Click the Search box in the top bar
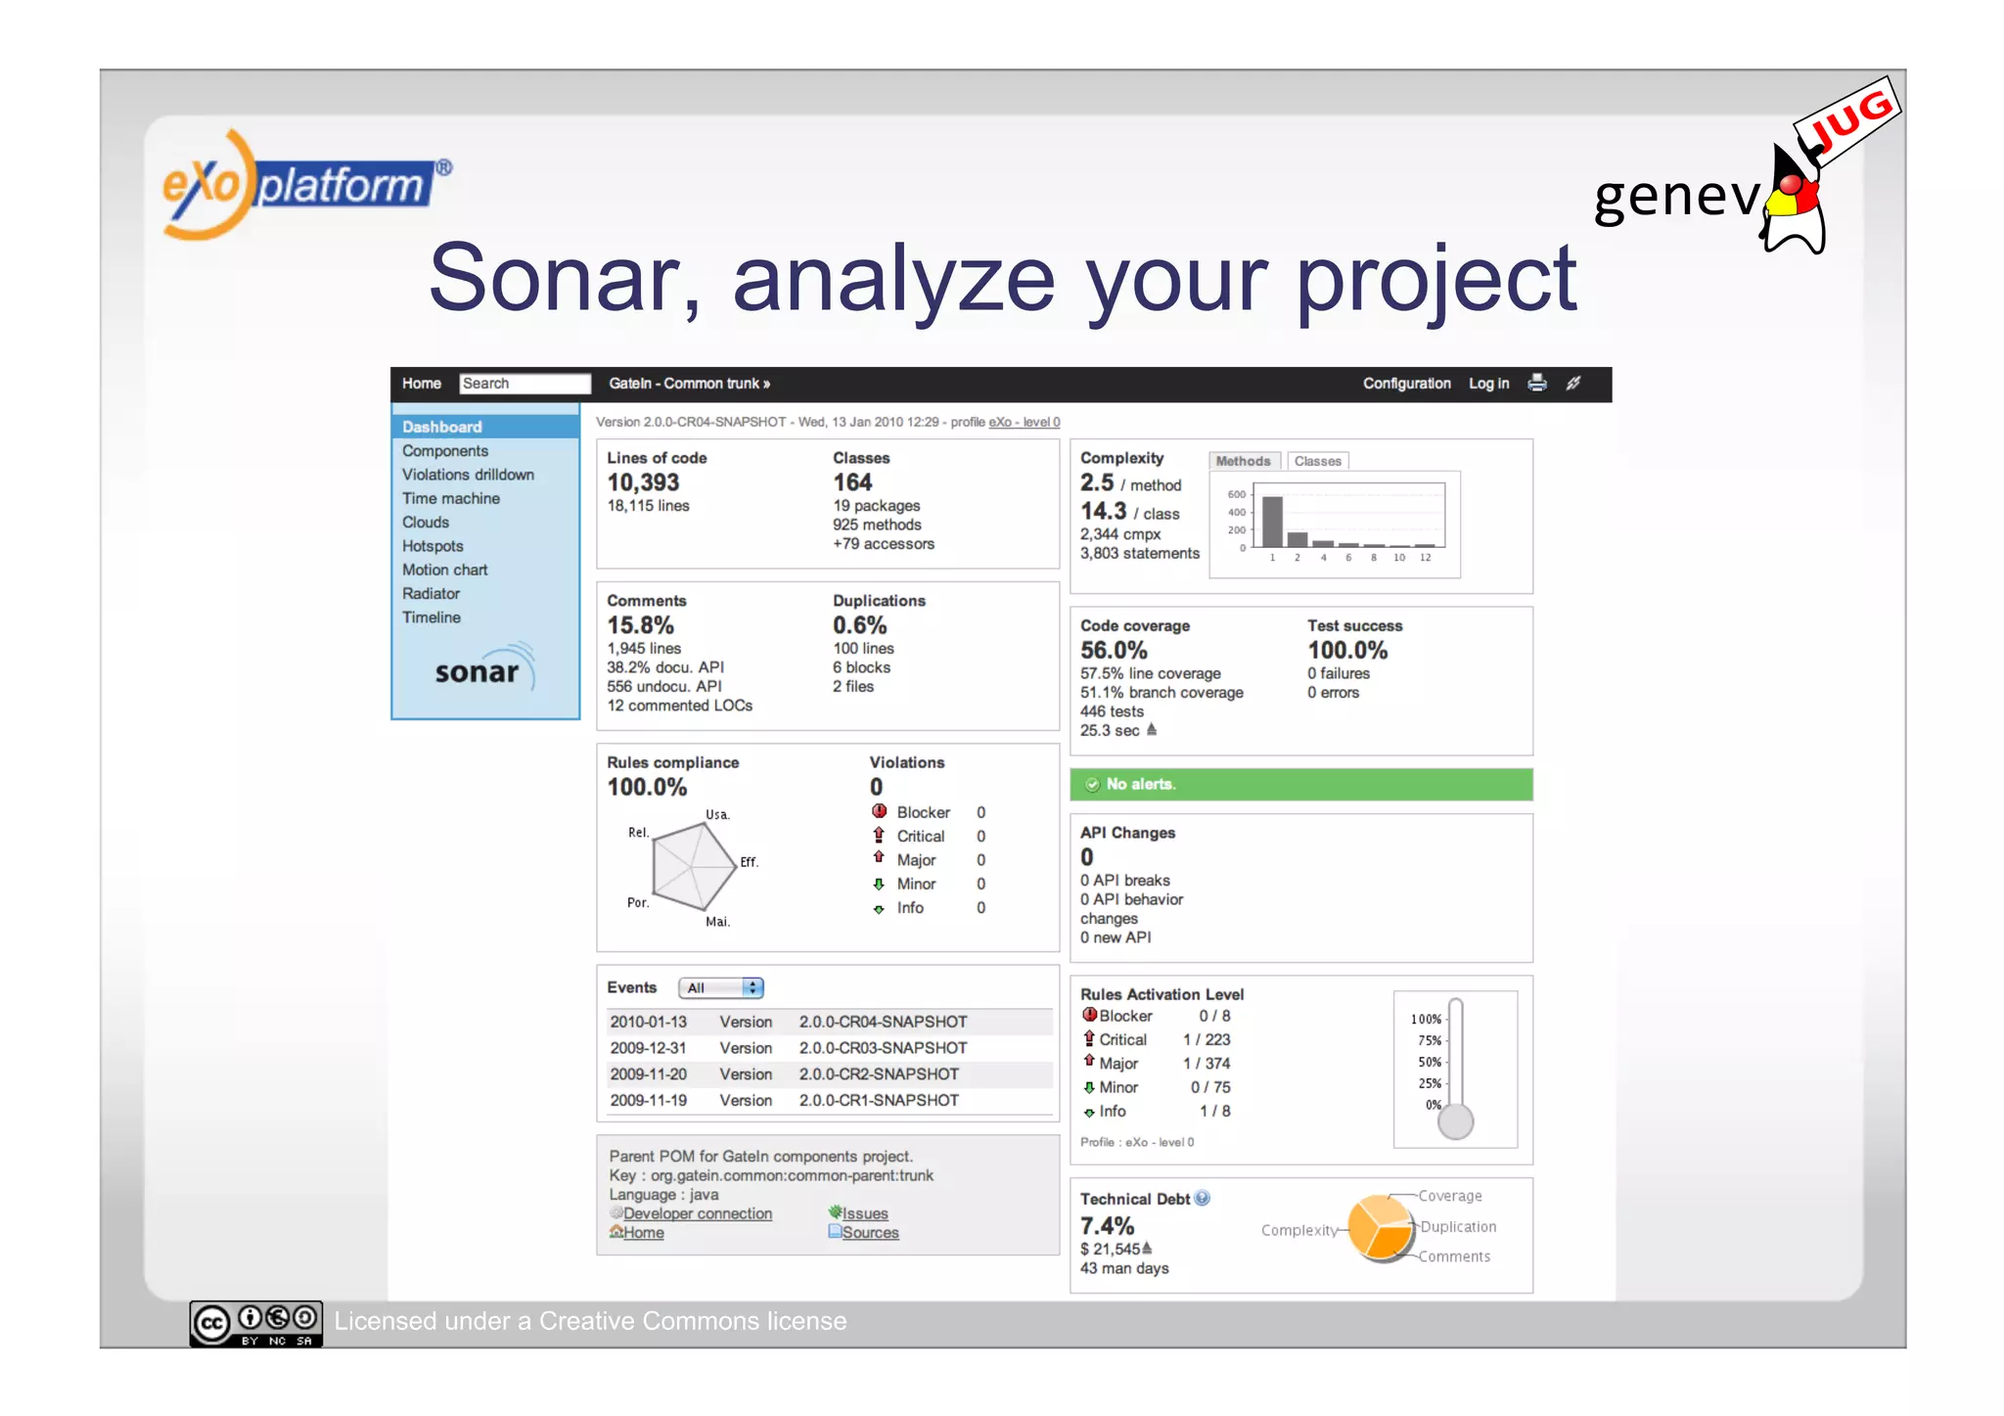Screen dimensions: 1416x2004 (x=524, y=384)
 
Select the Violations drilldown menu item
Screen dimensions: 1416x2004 (x=468, y=475)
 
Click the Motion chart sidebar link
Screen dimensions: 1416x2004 (x=444, y=570)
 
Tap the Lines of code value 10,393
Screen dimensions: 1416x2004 (x=643, y=482)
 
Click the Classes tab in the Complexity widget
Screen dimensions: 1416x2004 (x=1317, y=461)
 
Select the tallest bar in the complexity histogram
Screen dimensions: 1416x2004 (x=1272, y=522)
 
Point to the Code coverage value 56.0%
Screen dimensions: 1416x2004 (x=1114, y=651)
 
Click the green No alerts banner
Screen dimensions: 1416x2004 (x=1300, y=784)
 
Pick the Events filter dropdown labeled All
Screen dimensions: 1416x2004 (x=721, y=988)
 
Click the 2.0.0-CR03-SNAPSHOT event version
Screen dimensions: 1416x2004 (x=883, y=1048)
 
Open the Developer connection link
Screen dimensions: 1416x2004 (x=697, y=1213)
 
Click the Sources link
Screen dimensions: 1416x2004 (x=870, y=1233)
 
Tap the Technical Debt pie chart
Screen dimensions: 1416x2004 (x=1381, y=1227)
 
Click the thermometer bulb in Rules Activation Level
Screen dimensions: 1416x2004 (x=1455, y=1121)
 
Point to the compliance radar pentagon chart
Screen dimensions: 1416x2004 (x=693, y=866)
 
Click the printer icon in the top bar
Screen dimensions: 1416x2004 (x=1537, y=383)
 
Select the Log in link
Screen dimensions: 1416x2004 (x=1488, y=384)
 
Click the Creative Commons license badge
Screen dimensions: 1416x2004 (x=255, y=1323)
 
